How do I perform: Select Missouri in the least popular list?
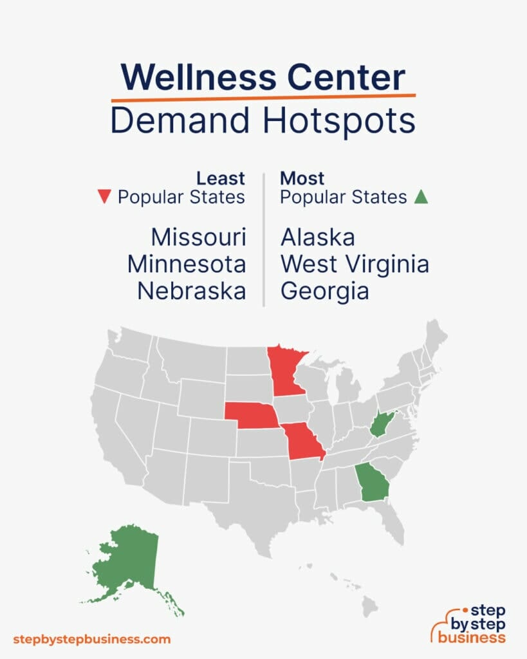pyautogui.click(x=198, y=237)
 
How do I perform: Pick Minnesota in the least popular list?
pyautogui.click(x=187, y=264)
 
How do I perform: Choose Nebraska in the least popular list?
pyautogui.click(x=192, y=291)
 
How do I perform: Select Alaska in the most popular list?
pyautogui.click(x=317, y=237)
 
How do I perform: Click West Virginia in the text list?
pyautogui.click(x=355, y=264)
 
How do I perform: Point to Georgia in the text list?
pyautogui.click(x=324, y=291)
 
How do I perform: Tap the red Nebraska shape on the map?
pyautogui.click(x=253, y=416)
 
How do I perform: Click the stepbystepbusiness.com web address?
pyautogui.click(x=91, y=639)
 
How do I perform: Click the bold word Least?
pyautogui.click(x=220, y=178)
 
